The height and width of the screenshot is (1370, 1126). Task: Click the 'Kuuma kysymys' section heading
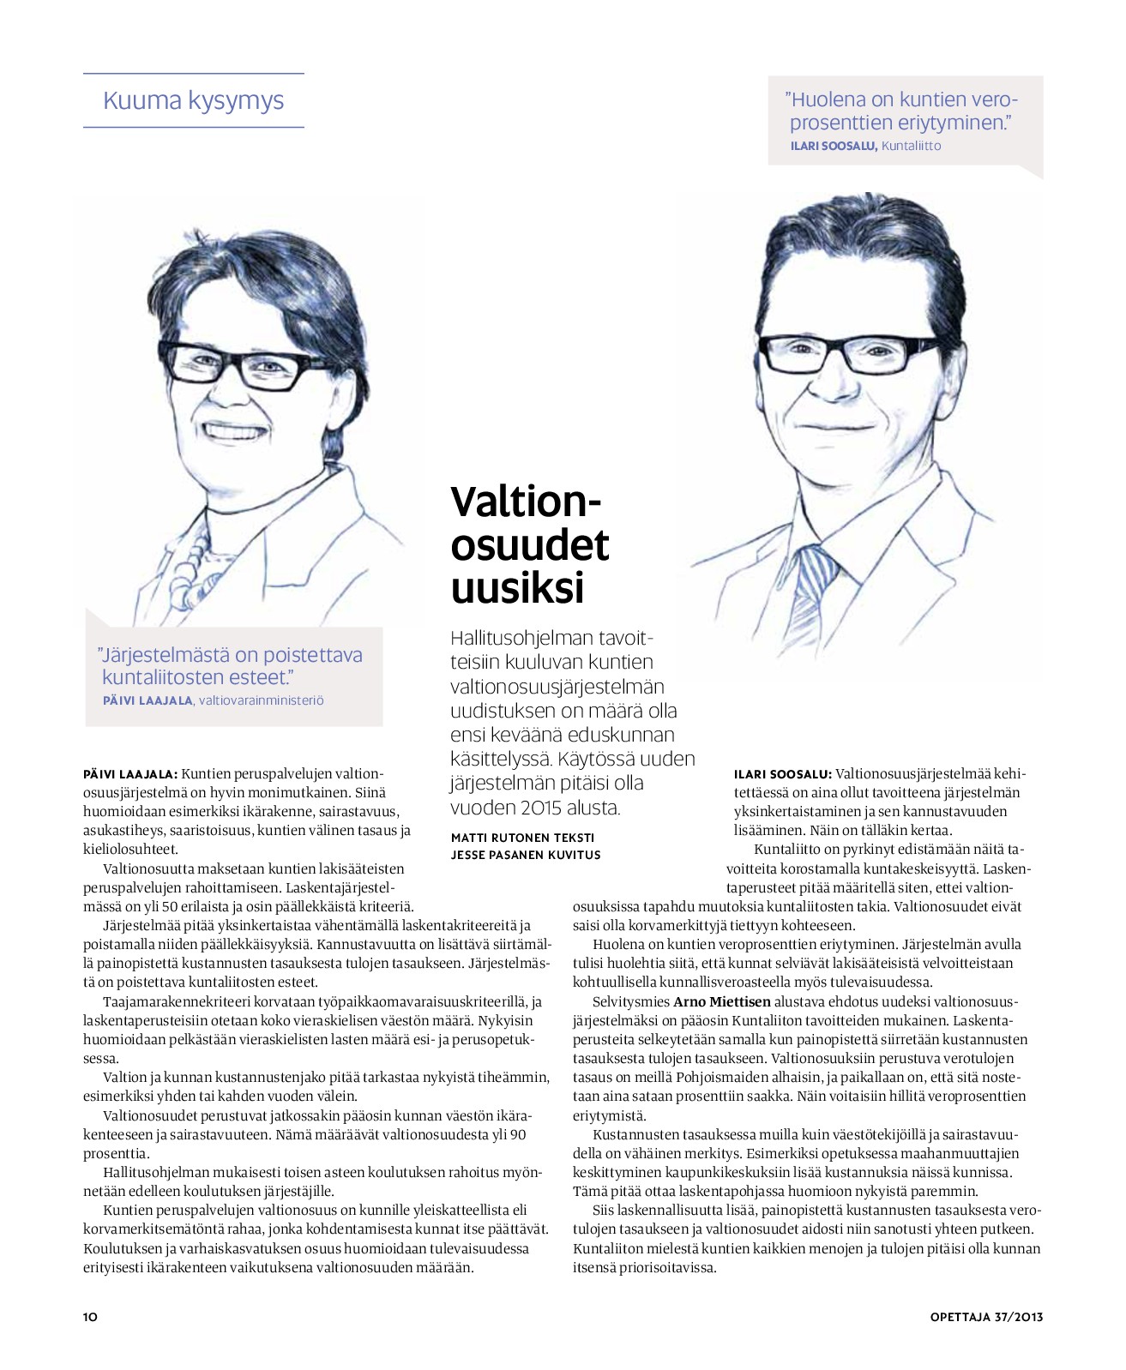(193, 101)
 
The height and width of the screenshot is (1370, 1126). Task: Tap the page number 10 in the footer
(90, 1317)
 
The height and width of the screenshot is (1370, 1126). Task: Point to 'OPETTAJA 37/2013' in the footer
(986, 1317)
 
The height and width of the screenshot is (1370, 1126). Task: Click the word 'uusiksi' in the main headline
(517, 588)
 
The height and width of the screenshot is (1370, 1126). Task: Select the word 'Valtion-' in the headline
(527, 502)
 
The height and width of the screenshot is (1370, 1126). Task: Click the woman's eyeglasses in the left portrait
(240, 364)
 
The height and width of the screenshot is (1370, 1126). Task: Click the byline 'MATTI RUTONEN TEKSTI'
(522, 838)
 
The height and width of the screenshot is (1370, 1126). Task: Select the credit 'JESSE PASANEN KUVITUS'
(526, 855)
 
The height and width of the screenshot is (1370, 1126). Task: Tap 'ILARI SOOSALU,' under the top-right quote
(833, 146)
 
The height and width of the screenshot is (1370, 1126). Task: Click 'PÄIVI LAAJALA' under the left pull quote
(148, 700)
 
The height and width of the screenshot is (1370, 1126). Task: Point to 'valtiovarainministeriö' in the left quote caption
(262, 700)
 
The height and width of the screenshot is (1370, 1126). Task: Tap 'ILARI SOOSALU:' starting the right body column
(782, 774)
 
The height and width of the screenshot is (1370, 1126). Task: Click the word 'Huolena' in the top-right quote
(828, 99)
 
